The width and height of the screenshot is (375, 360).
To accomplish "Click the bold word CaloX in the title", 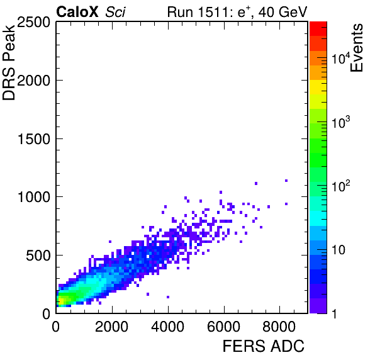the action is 77,12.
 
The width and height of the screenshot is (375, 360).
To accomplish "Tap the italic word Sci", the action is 115,12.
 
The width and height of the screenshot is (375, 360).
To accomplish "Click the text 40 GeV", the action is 283,12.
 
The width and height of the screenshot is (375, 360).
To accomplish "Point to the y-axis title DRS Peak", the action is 9,62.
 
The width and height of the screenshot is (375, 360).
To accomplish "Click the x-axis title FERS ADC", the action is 264,346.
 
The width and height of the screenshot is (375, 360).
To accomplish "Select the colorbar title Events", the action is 357,48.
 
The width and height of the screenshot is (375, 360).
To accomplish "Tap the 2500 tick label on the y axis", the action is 33,22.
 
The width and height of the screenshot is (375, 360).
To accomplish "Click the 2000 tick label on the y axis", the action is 33,81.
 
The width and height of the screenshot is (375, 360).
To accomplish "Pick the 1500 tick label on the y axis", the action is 34,139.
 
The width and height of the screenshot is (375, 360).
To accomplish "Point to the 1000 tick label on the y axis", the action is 34,198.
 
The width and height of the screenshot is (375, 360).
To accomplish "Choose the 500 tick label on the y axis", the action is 38,256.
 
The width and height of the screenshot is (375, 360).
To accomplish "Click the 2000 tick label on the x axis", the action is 112,326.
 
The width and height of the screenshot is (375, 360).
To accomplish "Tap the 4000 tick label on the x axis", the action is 167,326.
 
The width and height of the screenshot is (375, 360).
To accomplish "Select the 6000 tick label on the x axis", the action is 223,326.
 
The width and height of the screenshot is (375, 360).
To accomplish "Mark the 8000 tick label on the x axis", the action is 279,326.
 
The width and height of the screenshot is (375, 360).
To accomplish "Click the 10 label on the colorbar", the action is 339,250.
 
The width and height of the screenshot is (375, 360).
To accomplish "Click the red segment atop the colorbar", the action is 318,29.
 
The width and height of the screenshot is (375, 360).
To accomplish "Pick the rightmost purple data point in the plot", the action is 286,181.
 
